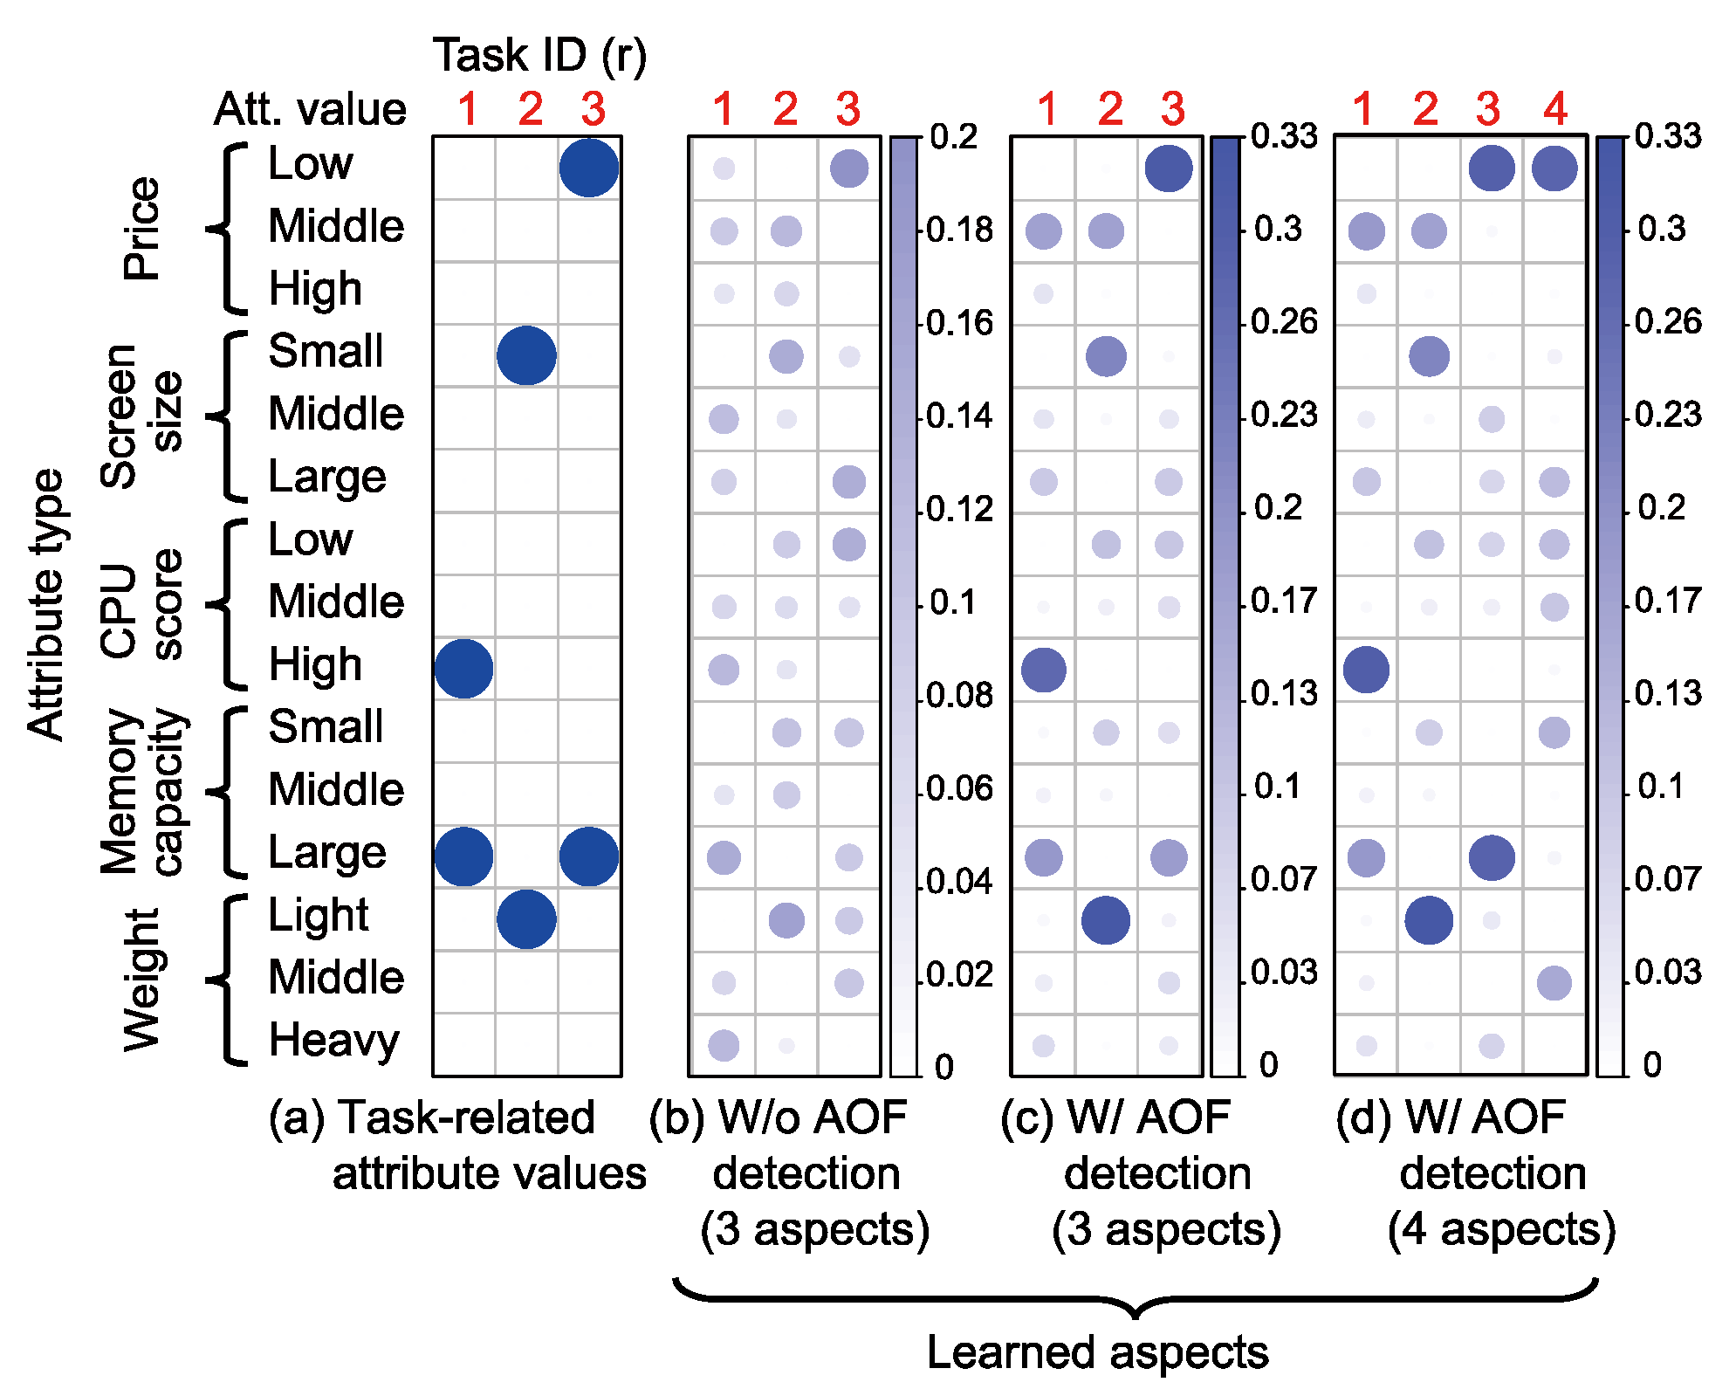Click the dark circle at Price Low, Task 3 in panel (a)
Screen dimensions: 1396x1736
tap(589, 168)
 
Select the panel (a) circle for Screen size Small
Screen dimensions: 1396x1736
tap(526, 355)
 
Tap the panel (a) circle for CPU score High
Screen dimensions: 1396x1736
tap(463, 669)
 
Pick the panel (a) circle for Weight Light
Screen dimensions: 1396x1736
tap(526, 919)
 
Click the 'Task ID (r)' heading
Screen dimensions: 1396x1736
tap(539, 56)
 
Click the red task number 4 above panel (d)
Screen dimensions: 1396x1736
tap(1555, 110)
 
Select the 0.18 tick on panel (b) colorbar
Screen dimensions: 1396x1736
tap(959, 230)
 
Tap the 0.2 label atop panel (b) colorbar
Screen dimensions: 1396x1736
tap(954, 137)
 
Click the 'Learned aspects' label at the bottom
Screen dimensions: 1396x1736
tap(1097, 1352)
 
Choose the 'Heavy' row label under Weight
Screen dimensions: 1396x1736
tap(333, 1040)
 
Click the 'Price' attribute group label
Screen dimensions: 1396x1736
tap(142, 228)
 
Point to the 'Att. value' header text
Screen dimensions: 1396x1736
tap(310, 110)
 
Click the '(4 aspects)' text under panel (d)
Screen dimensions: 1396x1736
tap(1501, 1229)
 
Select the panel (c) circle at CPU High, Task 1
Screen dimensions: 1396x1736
tap(1043, 670)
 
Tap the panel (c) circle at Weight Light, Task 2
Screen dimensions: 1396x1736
tap(1106, 920)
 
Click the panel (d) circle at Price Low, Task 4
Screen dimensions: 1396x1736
tap(1554, 168)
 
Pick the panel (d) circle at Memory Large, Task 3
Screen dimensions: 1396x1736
tap(1492, 857)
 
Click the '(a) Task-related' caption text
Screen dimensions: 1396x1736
tap(432, 1118)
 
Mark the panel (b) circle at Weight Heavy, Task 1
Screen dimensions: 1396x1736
tap(724, 1045)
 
